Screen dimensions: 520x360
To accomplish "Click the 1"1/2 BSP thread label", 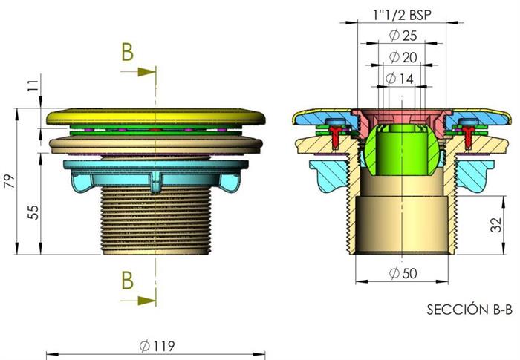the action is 403,15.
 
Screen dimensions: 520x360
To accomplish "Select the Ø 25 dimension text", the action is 403,36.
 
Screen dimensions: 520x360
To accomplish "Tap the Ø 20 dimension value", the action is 403,57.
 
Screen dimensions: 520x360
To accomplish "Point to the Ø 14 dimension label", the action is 400,79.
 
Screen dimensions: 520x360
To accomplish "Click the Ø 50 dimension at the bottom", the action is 403,273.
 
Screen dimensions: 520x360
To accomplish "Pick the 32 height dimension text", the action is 495,225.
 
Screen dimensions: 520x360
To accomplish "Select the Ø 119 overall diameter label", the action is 157,346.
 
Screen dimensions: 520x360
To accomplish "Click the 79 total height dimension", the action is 9,181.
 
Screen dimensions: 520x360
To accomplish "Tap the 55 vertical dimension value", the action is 33,212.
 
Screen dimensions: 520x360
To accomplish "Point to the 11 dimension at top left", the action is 33,86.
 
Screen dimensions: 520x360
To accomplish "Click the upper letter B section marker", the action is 127,52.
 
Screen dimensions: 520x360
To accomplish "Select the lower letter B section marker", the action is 127,280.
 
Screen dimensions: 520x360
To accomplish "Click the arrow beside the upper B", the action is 138,71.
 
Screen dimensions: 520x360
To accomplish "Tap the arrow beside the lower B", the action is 138,301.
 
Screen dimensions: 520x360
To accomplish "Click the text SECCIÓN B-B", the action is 469,310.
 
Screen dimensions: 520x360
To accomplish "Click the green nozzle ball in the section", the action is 402,150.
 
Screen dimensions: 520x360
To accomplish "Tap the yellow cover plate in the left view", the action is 156,117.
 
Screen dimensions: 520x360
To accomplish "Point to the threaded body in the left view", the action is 155,220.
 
